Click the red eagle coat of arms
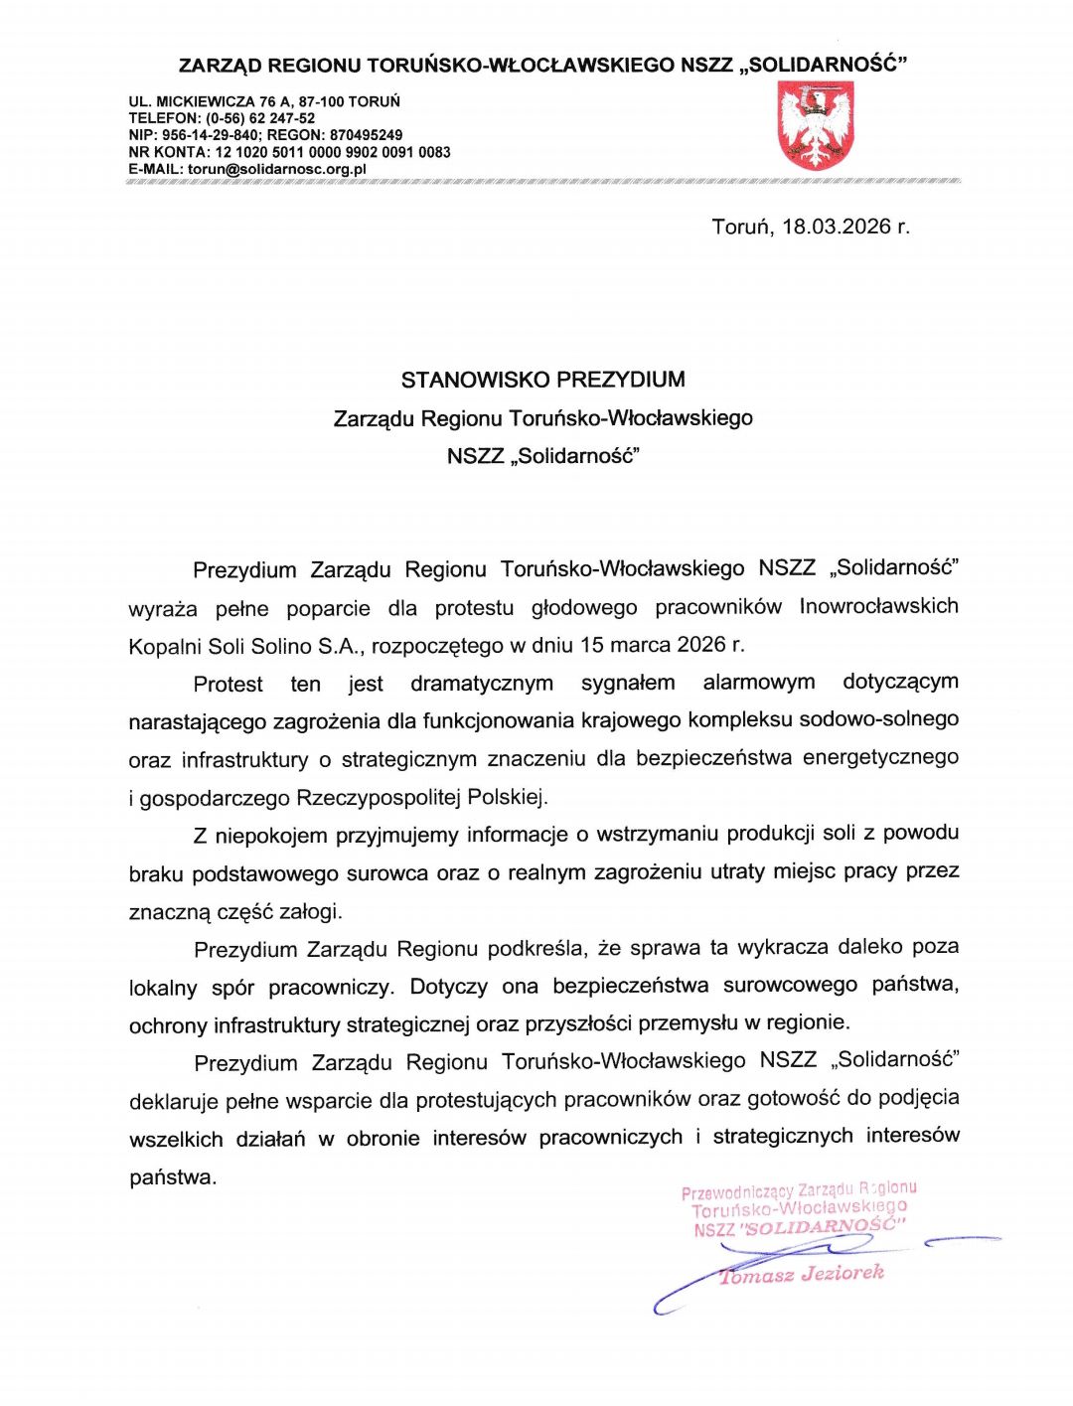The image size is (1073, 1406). (816, 126)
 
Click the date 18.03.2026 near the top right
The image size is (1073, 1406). (836, 227)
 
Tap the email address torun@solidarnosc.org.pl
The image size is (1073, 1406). (277, 169)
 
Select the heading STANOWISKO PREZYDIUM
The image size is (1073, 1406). (542, 380)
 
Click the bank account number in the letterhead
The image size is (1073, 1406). (333, 152)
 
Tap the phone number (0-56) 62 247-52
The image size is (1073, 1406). (260, 118)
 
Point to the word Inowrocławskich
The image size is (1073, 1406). (878, 606)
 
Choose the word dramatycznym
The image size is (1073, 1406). (482, 684)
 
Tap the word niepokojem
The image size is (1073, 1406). (270, 836)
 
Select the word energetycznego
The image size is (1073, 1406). (880, 758)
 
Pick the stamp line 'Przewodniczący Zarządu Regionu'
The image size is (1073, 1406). (799, 1189)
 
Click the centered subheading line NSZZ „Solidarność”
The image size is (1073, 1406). (542, 457)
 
